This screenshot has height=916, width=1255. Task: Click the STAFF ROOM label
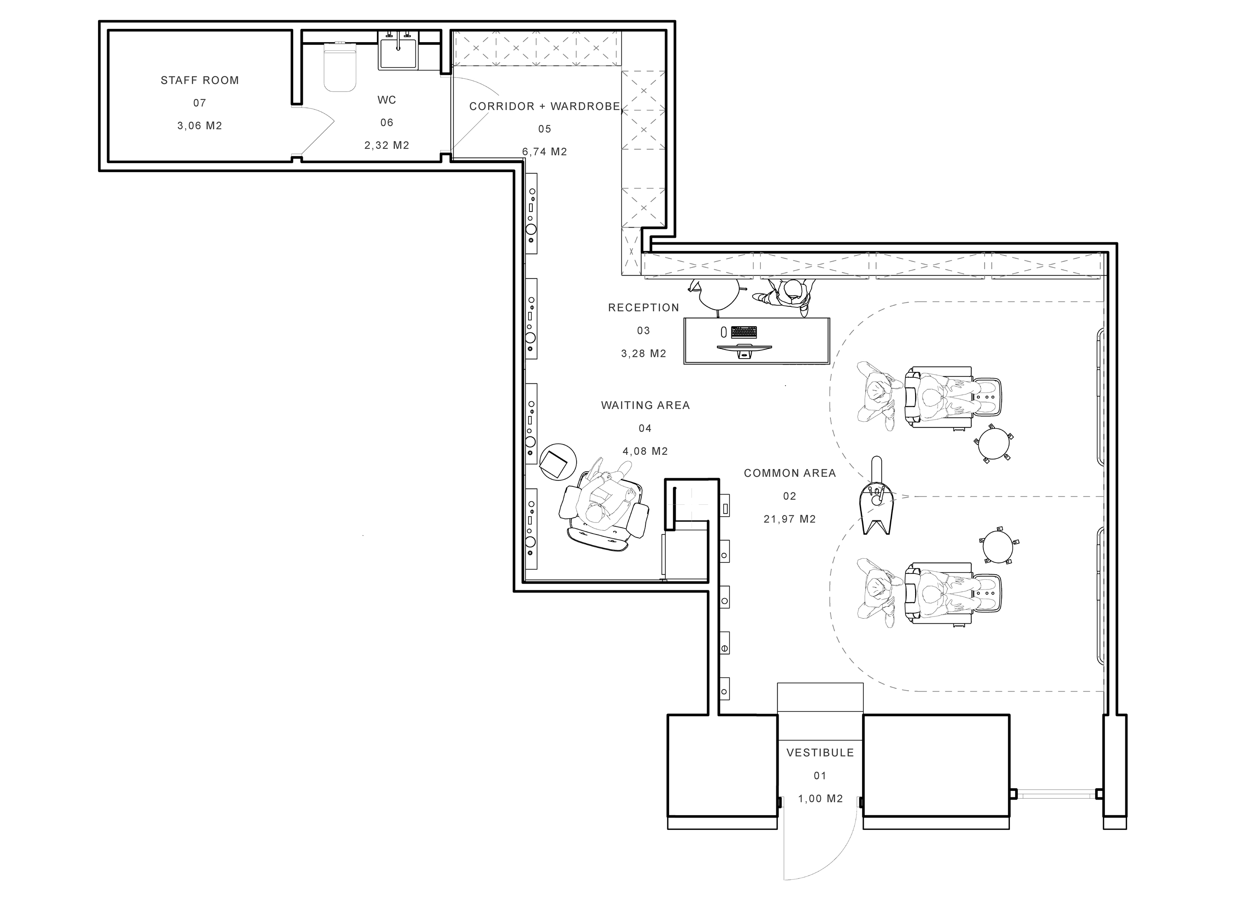[x=200, y=81]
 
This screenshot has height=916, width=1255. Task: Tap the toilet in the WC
[x=339, y=67]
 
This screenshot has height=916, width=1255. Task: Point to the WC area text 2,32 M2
[x=387, y=145]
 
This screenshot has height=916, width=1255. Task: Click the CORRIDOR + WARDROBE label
[x=545, y=106]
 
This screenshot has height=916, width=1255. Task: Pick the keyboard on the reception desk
[x=744, y=332]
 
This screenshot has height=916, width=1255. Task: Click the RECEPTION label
[x=644, y=308]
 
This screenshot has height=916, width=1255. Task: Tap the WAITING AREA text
[x=645, y=405]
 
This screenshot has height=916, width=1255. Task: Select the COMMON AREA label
[x=790, y=473]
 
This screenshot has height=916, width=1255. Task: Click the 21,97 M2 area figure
[x=790, y=519]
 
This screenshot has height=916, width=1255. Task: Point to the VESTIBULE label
[x=820, y=752]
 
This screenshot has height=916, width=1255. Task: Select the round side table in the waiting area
[x=558, y=461]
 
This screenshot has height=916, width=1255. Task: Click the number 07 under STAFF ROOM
[x=200, y=103]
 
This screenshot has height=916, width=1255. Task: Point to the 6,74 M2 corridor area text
[x=545, y=152]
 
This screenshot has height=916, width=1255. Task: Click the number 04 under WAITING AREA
[x=645, y=428]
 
